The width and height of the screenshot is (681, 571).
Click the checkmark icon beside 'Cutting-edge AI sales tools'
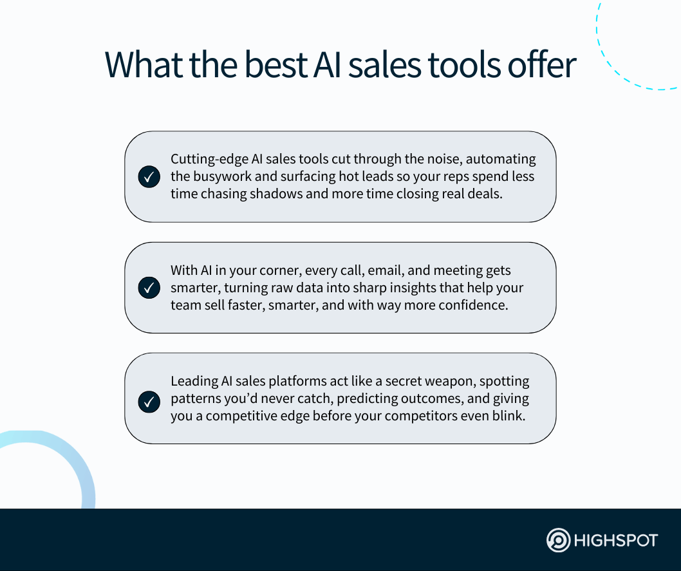coord(149,177)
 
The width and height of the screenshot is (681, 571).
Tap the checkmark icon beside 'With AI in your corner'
coord(149,288)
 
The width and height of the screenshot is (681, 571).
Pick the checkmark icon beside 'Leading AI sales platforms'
coord(149,402)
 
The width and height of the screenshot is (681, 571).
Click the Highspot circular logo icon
coord(558,540)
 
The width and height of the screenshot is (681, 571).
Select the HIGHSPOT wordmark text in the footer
coord(616,541)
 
